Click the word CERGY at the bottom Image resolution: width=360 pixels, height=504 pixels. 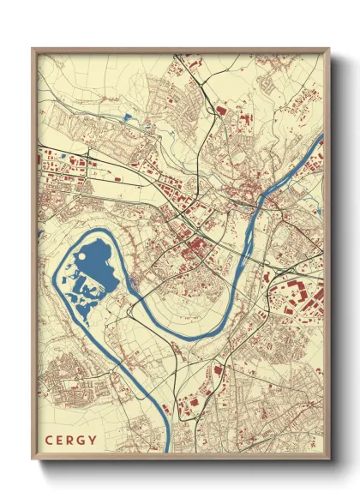click(73, 442)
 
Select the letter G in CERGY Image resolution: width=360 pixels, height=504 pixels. click(83, 442)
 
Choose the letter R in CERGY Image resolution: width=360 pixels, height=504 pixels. click(73, 442)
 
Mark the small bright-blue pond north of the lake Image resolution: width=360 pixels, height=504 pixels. click(128, 117)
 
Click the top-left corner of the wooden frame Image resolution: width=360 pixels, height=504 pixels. click(33, 49)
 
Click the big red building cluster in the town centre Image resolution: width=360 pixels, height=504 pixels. click(196, 249)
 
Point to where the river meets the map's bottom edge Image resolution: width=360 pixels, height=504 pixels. click(169, 453)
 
